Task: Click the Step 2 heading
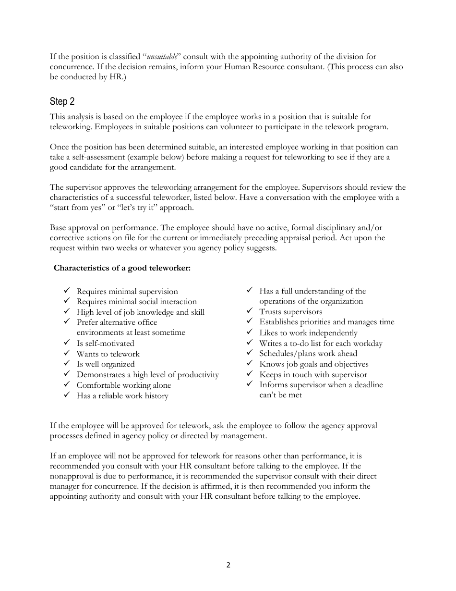62,101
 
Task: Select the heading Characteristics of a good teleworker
122,268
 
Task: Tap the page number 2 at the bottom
228,565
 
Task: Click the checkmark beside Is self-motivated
67,343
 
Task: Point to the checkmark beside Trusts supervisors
250,311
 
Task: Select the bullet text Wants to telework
108,354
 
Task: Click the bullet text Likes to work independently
308,332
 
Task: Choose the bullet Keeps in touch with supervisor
313,374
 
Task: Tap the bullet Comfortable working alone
124,385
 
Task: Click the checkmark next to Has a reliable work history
67,395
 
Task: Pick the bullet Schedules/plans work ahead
308,353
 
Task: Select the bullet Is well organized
106,364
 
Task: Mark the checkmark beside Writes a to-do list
250,343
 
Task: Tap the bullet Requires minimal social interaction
137,301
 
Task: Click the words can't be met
280,395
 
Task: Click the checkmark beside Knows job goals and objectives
250,364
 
